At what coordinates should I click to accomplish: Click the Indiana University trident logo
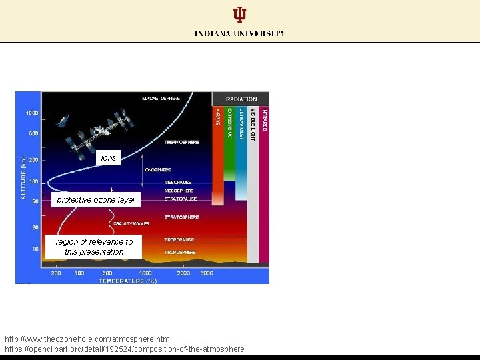click(239, 15)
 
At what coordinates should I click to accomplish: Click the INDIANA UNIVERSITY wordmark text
click(240, 33)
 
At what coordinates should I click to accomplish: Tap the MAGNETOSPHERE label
click(161, 98)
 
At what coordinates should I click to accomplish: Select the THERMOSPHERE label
click(181, 142)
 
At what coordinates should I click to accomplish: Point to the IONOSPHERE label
click(157, 169)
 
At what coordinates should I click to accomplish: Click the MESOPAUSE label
click(178, 182)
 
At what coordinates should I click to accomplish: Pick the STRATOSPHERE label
click(181, 217)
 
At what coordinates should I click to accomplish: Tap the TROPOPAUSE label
click(179, 239)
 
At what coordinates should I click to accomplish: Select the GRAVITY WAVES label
click(131, 224)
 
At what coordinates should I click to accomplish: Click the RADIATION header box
click(241, 99)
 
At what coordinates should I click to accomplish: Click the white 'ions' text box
click(108, 158)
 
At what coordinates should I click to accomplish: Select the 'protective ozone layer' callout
click(96, 200)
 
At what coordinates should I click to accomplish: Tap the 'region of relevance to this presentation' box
click(94, 247)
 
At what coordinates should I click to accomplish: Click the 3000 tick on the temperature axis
click(207, 273)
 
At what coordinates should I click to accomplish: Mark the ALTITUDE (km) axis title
click(23, 177)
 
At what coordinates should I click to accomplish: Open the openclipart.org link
click(125, 349)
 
